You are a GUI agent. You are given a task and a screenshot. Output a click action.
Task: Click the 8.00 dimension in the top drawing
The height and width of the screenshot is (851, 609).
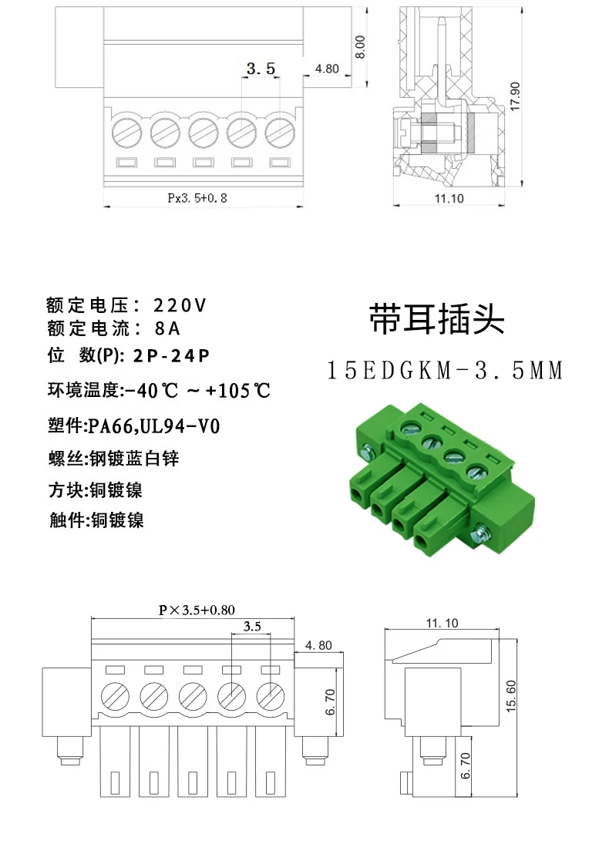click(358, 48)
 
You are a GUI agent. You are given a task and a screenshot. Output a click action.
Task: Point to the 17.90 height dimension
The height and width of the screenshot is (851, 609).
click(515, 96)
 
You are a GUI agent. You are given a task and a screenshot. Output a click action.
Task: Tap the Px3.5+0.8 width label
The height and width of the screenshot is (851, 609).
click(197, 198)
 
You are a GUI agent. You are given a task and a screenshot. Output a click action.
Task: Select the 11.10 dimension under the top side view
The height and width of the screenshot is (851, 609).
click(449, 198)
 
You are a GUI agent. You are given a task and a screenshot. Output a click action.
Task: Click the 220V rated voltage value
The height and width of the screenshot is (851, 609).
click(180, 305)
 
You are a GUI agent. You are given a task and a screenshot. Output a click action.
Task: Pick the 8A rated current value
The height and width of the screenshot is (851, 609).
click(167, 329)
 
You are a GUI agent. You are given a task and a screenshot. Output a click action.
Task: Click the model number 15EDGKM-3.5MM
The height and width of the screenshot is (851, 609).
click(446, 371)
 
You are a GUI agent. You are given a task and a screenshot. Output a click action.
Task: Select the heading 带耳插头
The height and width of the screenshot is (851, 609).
click(436, 318)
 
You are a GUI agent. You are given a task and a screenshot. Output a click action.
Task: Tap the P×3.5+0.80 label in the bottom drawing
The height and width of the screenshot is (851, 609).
click(197, 610)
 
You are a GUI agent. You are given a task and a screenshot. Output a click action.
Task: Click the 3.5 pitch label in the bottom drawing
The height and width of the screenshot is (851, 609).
click(251, 627)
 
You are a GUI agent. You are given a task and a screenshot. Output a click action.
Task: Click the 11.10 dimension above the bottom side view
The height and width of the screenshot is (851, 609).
click(441, 623)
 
